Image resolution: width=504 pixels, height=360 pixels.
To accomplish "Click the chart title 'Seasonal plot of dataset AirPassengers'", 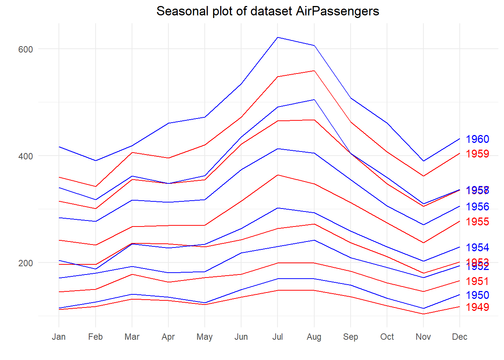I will [267, 11].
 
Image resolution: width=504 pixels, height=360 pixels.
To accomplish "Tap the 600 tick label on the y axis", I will [25, 49].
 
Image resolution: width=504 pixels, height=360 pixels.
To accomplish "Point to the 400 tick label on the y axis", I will [25, 156].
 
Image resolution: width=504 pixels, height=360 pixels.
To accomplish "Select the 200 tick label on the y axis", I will [25, 263].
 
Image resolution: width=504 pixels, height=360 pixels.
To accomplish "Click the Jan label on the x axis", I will [59, 337].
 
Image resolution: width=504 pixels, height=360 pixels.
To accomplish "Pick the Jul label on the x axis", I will [277, 337].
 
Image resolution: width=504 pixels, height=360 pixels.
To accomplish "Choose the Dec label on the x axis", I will [459, 337].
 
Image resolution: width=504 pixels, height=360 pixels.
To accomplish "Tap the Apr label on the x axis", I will [168, 337].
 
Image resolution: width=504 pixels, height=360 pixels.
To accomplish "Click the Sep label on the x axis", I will [350, 337].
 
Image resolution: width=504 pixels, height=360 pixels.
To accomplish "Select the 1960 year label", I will [477, 139].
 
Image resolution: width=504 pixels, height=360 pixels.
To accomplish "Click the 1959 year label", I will [477, 154].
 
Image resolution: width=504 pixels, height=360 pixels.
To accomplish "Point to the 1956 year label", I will [477, 207].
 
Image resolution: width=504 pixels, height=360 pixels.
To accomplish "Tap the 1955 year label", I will [477, 222].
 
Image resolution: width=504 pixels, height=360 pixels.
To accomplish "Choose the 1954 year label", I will [477, 247].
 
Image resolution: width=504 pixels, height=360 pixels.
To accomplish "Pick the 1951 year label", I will [477, 281].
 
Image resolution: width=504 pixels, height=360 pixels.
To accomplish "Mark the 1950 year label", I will [477, 295].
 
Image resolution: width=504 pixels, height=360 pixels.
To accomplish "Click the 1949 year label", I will [477, 307].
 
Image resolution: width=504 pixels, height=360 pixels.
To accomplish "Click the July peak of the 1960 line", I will [277, 37].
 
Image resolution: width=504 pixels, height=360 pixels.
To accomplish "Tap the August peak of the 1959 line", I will [314, 70].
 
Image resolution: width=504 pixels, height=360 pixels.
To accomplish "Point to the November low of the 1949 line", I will [423, 314].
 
